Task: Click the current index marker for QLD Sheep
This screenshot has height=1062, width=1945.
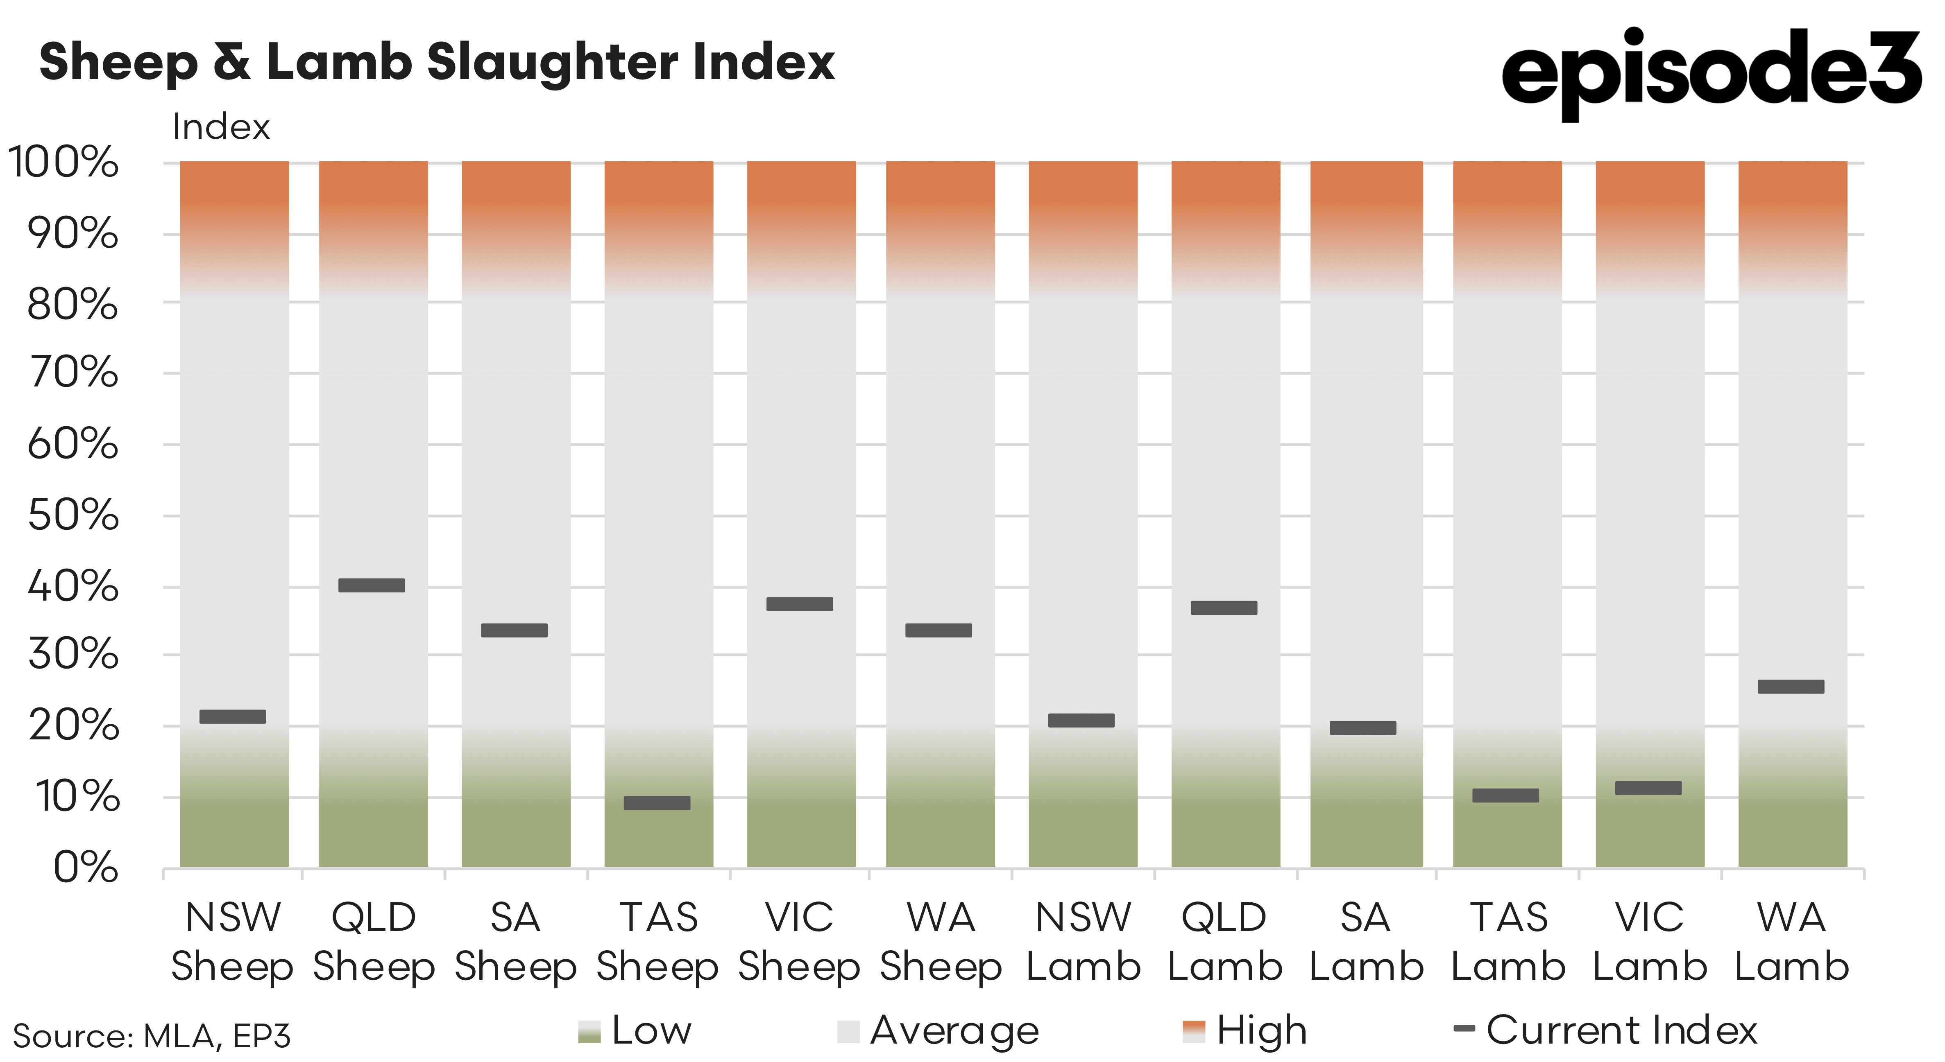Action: [x=372, y=585]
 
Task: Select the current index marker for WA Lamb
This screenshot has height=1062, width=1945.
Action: [x=1791, y=686]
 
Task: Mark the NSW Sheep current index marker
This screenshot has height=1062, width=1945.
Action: [x=233, y=716]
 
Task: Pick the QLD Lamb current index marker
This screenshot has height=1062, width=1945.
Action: [x=1224, y=608]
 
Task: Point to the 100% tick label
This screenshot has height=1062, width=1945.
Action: [x=63, y=162]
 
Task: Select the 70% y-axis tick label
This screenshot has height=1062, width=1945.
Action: [x=73, y=373]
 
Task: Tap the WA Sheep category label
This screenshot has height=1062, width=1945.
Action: [x=941, y=942]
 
